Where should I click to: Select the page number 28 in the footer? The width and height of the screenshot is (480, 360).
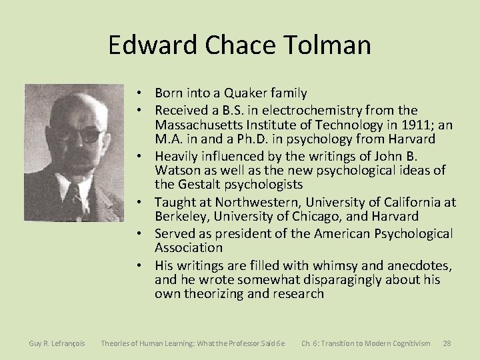pos(447,343)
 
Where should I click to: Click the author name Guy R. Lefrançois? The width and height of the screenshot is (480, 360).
pos(57,343)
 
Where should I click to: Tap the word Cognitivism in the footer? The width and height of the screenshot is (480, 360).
pos(407,343)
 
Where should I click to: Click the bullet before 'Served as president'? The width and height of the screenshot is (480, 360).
pos(143,232)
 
